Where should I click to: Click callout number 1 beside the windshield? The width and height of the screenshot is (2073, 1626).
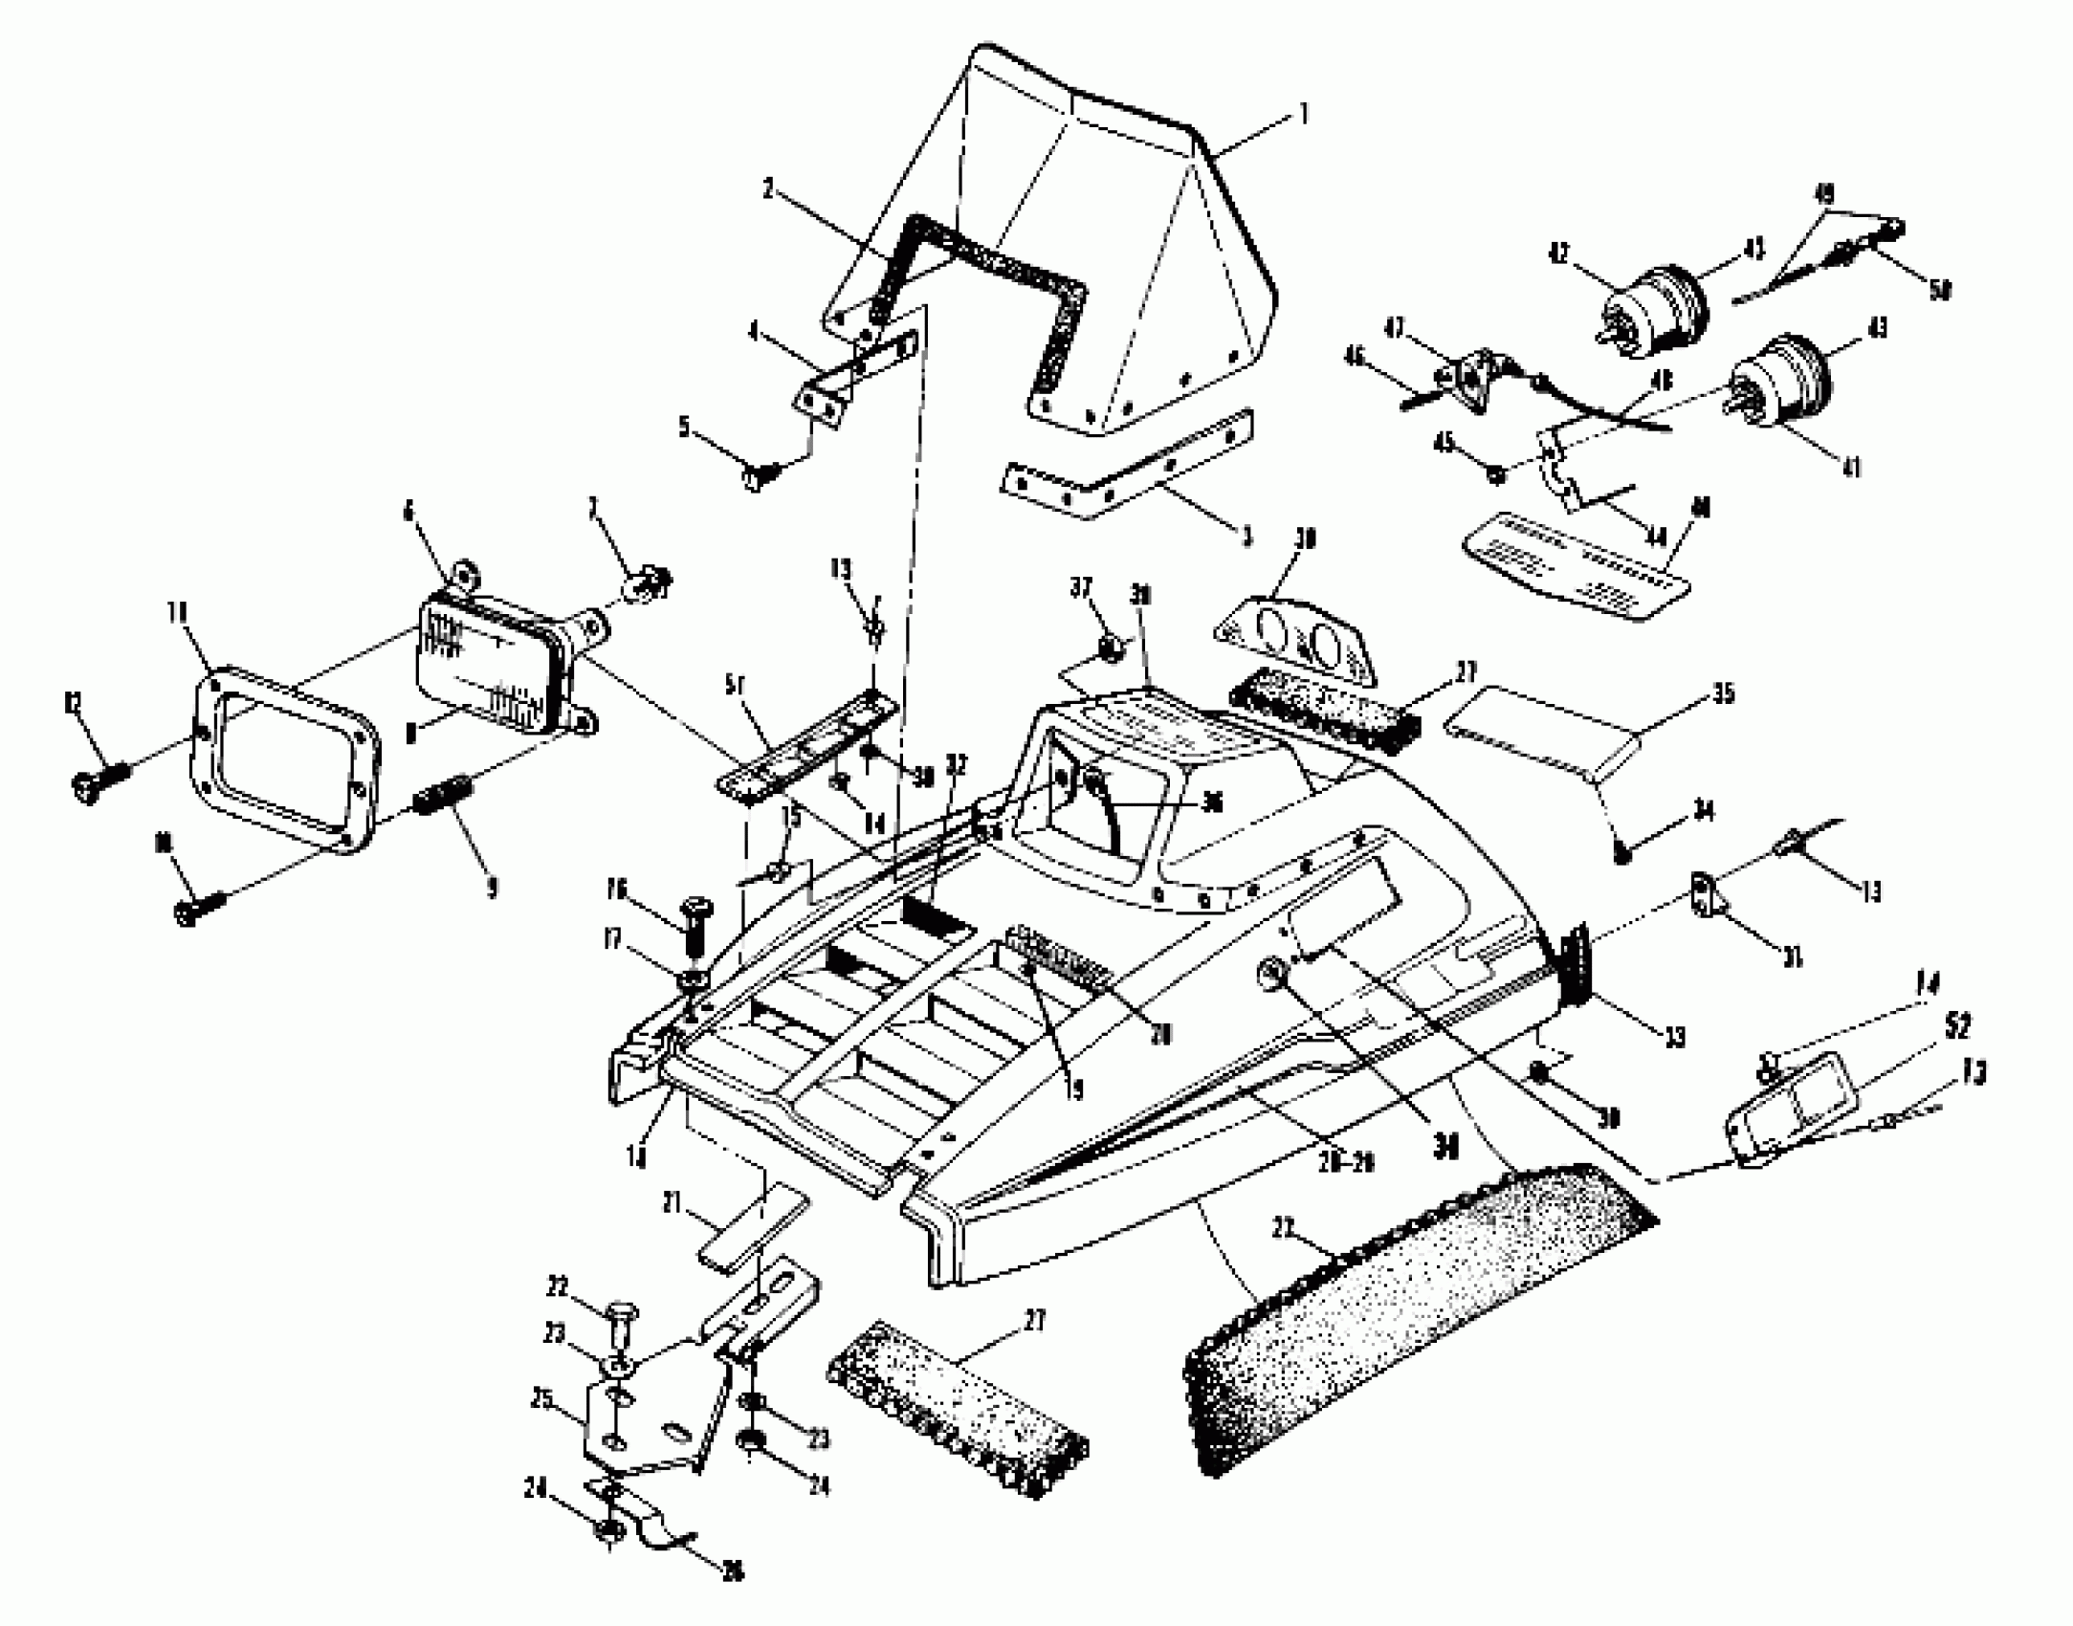point(1302,116)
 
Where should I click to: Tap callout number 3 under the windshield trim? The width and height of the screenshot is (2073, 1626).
point(1246,537)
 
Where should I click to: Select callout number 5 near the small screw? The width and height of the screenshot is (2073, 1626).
point(684,426)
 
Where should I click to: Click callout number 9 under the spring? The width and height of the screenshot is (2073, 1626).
point(492,889)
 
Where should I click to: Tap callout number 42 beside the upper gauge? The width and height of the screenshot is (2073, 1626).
point(1559,254)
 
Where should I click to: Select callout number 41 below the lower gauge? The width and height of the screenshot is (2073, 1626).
point(1852,468)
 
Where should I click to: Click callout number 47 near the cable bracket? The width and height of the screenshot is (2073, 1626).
point(1396,328)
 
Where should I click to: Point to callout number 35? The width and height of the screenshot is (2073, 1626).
point(1723,692)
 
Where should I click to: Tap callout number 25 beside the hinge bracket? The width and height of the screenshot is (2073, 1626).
point(542,1398)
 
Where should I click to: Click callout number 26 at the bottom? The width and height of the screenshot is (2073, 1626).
point(733,1571)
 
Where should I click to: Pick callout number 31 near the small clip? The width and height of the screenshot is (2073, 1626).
point(1792,955)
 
